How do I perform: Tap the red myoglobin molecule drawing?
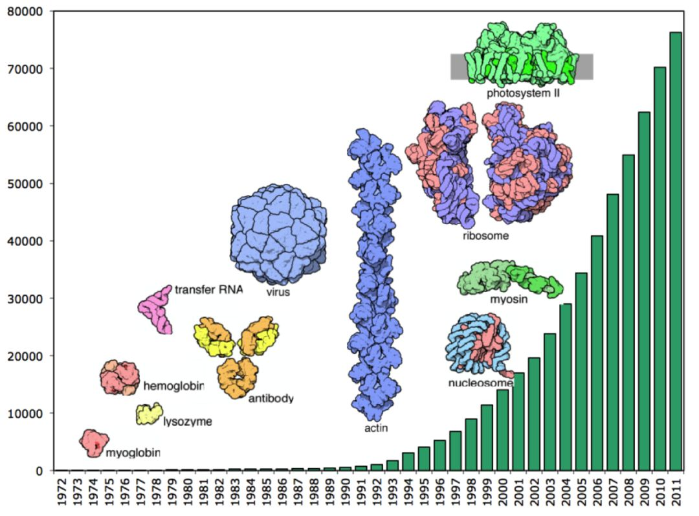94,443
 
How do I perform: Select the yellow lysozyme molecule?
149,413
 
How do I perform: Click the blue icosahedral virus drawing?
278,233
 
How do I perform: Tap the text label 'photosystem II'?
523,93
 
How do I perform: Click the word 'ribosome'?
485,236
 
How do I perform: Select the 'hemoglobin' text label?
173,387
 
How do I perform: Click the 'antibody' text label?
271,398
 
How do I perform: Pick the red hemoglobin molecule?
120,377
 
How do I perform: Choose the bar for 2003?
549,401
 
